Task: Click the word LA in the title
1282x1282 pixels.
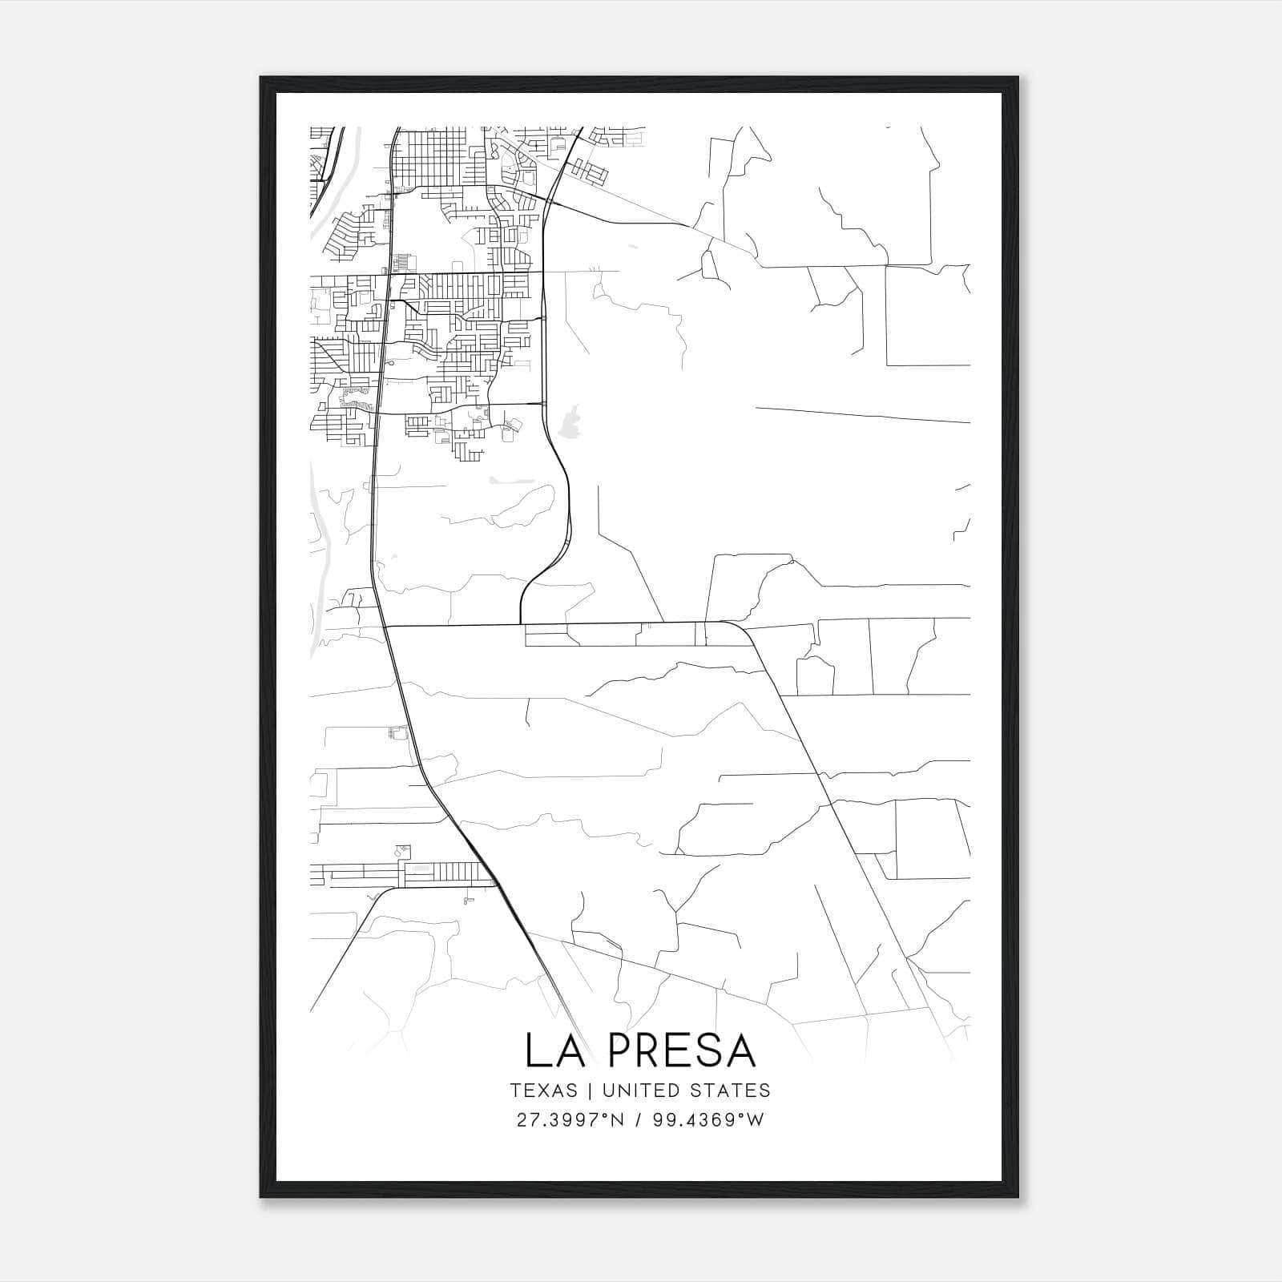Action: (554, 1050)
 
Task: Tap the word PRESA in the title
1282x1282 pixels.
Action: (682, 1050)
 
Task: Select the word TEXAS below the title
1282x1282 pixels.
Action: (543, 1091)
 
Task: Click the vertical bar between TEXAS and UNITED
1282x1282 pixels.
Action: (590, 1091)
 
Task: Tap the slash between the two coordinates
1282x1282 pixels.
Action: (639, 1120)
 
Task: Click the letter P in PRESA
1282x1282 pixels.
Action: (621, 1050)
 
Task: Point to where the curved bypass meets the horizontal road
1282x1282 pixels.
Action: (521, 623)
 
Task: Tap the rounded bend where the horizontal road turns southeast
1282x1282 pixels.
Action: (742, 630)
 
